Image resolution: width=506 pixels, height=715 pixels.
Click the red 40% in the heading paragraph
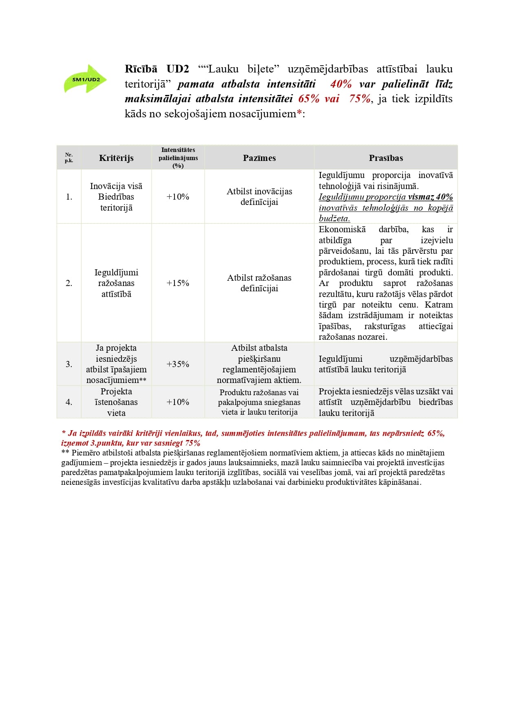(x=341, y=84)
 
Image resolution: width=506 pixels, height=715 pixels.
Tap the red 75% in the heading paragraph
(x=360, y=99)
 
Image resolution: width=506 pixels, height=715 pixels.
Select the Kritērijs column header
(x=116, y=158)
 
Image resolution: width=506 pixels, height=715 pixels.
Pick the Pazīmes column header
(x=259, y=158)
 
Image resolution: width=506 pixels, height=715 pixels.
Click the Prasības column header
(x=386, y=158)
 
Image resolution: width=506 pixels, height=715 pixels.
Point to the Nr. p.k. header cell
(x=69, y=158)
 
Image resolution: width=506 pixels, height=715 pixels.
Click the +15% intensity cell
(x=178, y=283)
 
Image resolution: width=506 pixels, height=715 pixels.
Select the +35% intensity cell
(x=178, y=364)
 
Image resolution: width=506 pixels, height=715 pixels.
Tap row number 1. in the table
(x=69, y=197)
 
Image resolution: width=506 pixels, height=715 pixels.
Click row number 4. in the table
(x=69, y=402)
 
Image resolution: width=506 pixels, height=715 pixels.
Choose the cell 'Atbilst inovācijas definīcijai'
(x=259, y=197)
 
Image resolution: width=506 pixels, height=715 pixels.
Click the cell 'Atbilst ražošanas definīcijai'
(x=259, y=283)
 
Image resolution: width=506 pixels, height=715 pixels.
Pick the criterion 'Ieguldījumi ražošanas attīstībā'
(x=116, y=283)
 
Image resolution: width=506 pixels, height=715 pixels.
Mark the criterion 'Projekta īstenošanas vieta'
(x=116, y=402)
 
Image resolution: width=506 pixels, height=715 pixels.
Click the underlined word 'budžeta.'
(x=334, y=218)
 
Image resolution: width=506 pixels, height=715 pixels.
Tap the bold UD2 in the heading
(x=178, y=69)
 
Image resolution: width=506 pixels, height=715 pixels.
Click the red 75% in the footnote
(x=192, y=443)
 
